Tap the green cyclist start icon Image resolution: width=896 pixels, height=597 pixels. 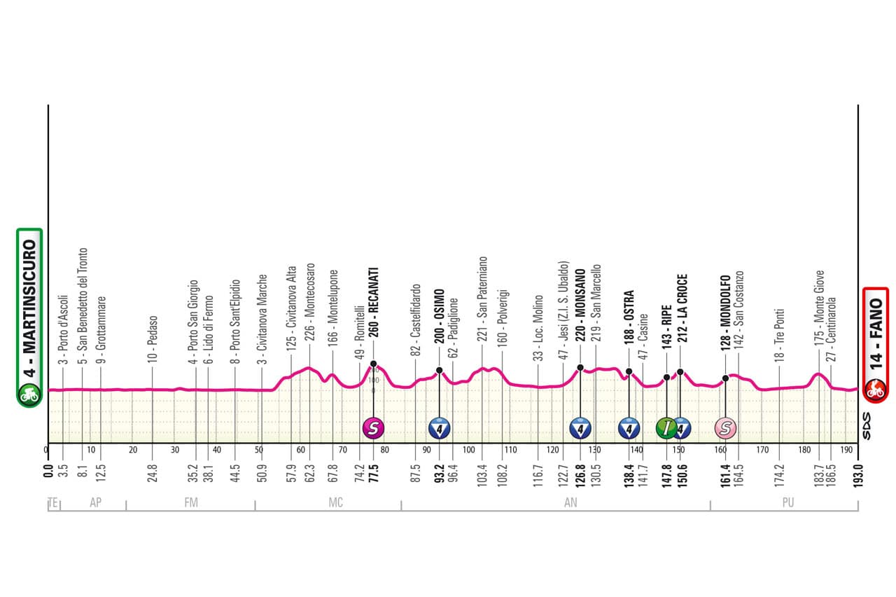coord(30,394)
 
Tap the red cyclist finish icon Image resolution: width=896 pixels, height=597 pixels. coord(875,389)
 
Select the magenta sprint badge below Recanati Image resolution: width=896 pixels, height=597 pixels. coord(373,427)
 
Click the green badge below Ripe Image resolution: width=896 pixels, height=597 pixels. coord(666,427)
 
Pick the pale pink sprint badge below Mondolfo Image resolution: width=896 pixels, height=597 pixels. coord(725,427)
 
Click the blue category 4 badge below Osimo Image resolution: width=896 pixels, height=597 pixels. coord(439,427)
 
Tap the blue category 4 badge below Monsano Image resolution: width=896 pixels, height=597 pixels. coord(580,427)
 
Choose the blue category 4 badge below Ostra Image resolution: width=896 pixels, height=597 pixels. coord(629,427)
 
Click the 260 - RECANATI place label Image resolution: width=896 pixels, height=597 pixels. coord(374,312)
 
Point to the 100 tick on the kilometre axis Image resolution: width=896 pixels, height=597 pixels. coord(468,450)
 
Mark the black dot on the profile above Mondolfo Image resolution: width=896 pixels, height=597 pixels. coord(725,378)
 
